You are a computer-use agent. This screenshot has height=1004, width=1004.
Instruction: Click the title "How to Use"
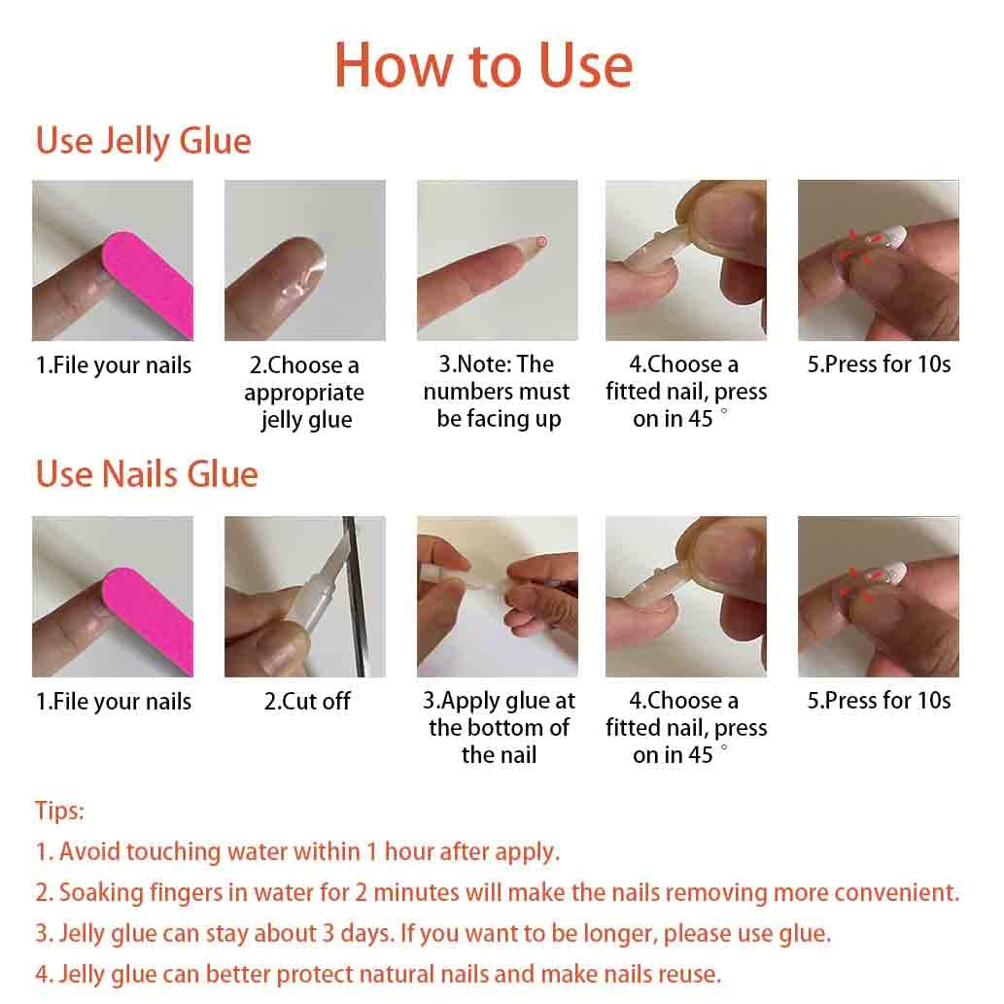click(x=483, y=66)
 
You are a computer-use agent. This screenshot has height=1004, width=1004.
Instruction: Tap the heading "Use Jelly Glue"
click(x=143, y=141)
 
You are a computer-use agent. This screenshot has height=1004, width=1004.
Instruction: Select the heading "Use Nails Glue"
click(x=147, y=474)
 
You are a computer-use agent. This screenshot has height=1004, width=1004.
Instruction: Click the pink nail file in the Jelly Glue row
click(x=147, y=281)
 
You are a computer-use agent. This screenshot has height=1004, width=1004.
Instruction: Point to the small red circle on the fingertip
click(x=541, y=242)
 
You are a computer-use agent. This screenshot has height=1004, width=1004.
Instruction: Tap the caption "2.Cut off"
click(x=306, y=701)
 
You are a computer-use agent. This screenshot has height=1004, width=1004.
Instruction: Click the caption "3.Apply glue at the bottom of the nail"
click(x=499, y=727)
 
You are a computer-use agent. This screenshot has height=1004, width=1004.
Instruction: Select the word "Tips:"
click(x=60, y=811)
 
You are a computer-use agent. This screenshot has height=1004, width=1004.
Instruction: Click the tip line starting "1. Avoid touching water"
click(x=297, y=851)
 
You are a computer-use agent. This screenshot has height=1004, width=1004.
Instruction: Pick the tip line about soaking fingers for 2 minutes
click(x=497, y=892)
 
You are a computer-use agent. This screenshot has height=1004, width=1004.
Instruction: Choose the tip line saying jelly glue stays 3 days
click(x=433, y=933)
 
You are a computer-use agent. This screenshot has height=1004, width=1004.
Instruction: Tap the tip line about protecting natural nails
click(x=378, y=974)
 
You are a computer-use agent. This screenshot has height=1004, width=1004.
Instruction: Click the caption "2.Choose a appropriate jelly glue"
click(x=304, y=393)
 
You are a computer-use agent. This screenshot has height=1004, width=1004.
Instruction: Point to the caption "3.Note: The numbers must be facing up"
click(x=497, y=392)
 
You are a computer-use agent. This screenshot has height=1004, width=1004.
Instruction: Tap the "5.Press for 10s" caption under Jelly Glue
click(x=879, y=364)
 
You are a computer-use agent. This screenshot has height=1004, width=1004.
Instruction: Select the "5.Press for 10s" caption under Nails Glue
click(x=879, y=701)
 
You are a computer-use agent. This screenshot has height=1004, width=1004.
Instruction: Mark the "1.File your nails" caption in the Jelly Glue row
click(x=114, y=365)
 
